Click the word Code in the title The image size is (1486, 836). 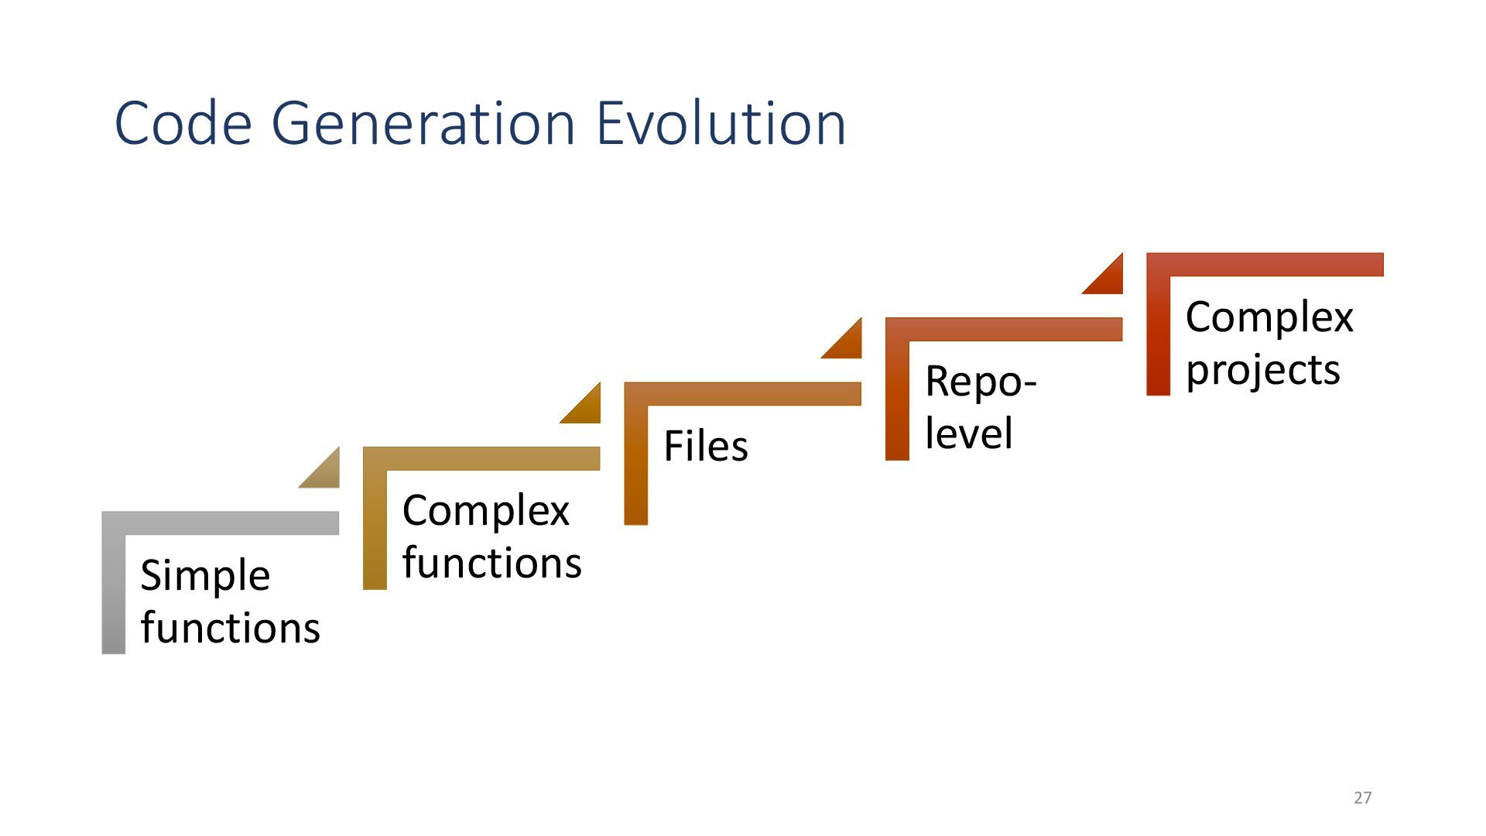pyautogui.click(x=183, y=123)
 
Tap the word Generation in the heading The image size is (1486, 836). pyautogui.click(x=423, y=123)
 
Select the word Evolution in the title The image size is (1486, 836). pyautogui.click(x=721, y=123)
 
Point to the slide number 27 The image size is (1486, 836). pyautogui.click(x=1363, y=797)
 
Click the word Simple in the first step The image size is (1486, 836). pyautogui.click(x=205, y=577)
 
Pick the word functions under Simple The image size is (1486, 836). pyautogui.click(x=230, y=628)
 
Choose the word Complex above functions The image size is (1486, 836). pyautogui.click(x=485, y=511)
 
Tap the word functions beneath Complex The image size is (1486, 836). pyautogui.click(x=491, y=563)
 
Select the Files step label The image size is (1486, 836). pyautogui.click(x=706, y=447)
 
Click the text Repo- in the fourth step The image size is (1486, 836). pyautogui.click(x=981, y=382)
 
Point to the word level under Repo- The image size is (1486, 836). pyautogui.click(x=968, y=433)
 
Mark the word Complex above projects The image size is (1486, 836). pyautogui.click(x=1269, y=317)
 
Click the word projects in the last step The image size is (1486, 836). pyautogui.click(x=1262, y=370)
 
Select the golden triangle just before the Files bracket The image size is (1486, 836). pyautogui.click(x=586, y=408)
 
